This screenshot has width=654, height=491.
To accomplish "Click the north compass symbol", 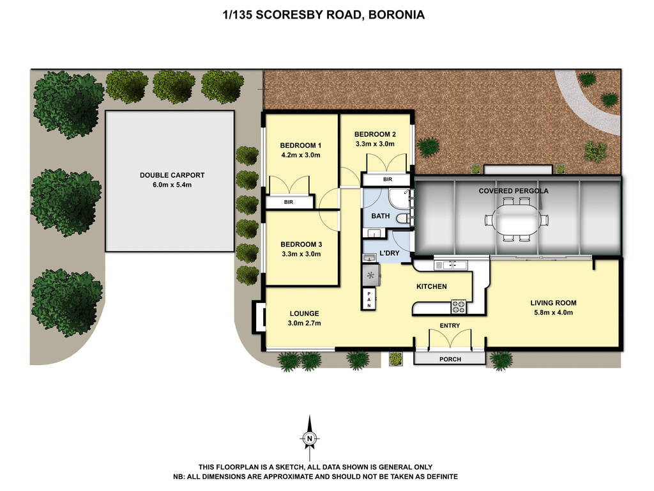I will click(310, 438).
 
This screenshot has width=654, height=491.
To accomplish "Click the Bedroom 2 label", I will click(376, 134).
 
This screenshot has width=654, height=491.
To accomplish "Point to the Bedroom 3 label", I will click(301, 244).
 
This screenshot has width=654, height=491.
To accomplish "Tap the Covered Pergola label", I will click(513, 191).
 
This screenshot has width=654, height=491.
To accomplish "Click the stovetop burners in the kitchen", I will click(459, 306).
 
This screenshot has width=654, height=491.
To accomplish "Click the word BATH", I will click(380, 216).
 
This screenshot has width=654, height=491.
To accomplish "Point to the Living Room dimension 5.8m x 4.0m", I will click(553, 313).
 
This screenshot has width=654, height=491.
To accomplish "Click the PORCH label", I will click(450, 359).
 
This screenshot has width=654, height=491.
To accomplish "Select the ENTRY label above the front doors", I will click(450, 326).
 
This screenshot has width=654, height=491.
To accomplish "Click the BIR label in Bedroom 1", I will click(289, 202).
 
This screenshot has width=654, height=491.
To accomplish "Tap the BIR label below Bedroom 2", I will click(388, 180).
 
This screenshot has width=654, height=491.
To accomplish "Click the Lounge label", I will click(304, 313).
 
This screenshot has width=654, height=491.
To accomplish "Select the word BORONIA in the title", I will click(396, 14).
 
